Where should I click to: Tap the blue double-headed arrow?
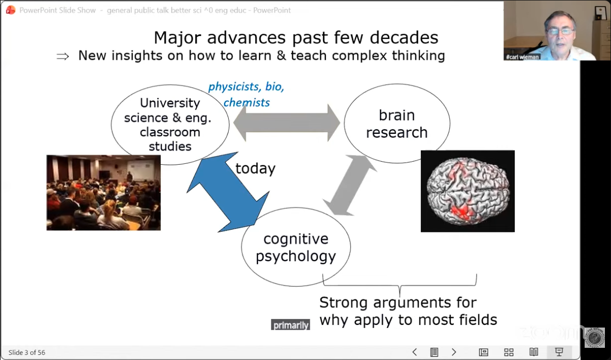coord(228,192)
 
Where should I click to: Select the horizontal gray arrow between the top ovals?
coord(287,123)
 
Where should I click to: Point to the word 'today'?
coord(256,168)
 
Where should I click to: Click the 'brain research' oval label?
coord(397,124)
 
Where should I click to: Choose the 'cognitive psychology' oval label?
coord(296,247)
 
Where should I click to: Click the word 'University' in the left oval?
coord(170,103)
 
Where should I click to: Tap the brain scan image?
coord(468,191)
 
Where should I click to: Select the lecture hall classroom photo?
coord(103,193)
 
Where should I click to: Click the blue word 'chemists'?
coord(246,103)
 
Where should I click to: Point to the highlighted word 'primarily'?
coord(291,325)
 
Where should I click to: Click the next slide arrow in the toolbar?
coord(454,352)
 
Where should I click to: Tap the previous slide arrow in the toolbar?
coord(415,352)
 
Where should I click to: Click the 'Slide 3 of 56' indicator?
coord(27,352)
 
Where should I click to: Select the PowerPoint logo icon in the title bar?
coord(11,10)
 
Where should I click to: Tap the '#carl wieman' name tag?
coord(522,57)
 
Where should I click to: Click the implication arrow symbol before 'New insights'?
coord(63,56)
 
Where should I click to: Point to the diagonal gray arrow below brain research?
coord(350,186)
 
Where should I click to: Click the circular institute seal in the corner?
coord(595,338)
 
